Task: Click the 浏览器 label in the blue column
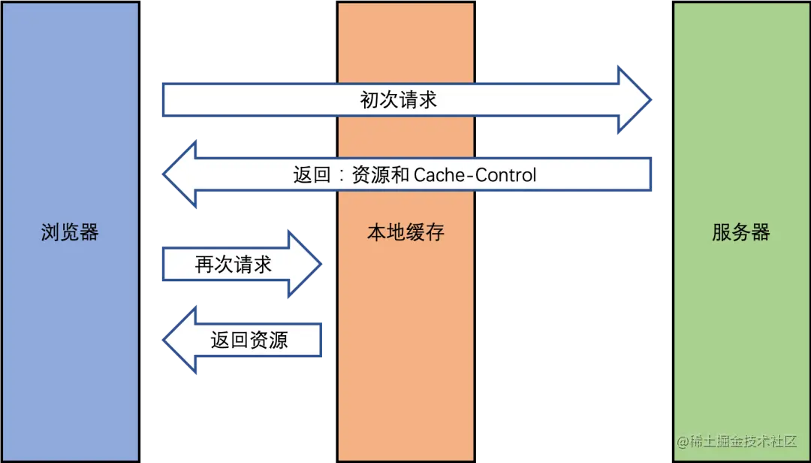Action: [x=70, y=232]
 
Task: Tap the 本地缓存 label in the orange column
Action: [x=405, y=232]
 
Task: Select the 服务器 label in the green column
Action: [x=740, y=232]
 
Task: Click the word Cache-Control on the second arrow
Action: [x=475, y=176]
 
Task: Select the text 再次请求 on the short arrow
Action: [x=234, y=265]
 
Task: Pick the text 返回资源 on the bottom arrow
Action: [x=249, y=340]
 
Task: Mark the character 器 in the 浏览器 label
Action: [x=89, y=232]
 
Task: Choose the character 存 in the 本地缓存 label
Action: [x=435, y=232]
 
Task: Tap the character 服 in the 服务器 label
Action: [x=722, y=232]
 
